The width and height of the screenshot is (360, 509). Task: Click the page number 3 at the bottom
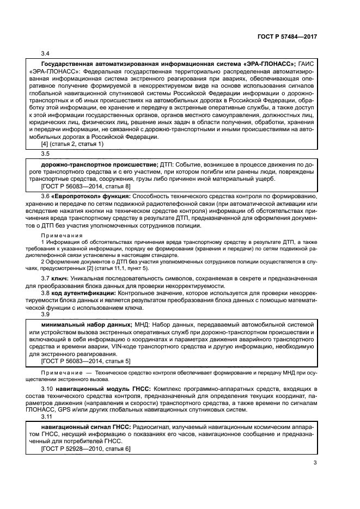click(x=315, y=463)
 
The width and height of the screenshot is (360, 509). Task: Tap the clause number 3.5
click(x=46, y=154)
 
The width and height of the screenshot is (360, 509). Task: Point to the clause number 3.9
click(x=46, y=315)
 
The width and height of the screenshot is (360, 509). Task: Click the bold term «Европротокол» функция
click(x=80, y=211)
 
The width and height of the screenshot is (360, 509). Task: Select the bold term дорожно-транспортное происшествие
click(x=99, y=164)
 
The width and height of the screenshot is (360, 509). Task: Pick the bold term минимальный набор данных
click(x=86, y=324)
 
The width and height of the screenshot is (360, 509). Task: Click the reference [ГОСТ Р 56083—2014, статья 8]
click(x=86, y=186)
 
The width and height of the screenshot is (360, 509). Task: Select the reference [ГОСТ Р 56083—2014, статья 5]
click(x=86, y=361)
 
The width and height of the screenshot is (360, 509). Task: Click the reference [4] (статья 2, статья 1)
click(x=72, y=144)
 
